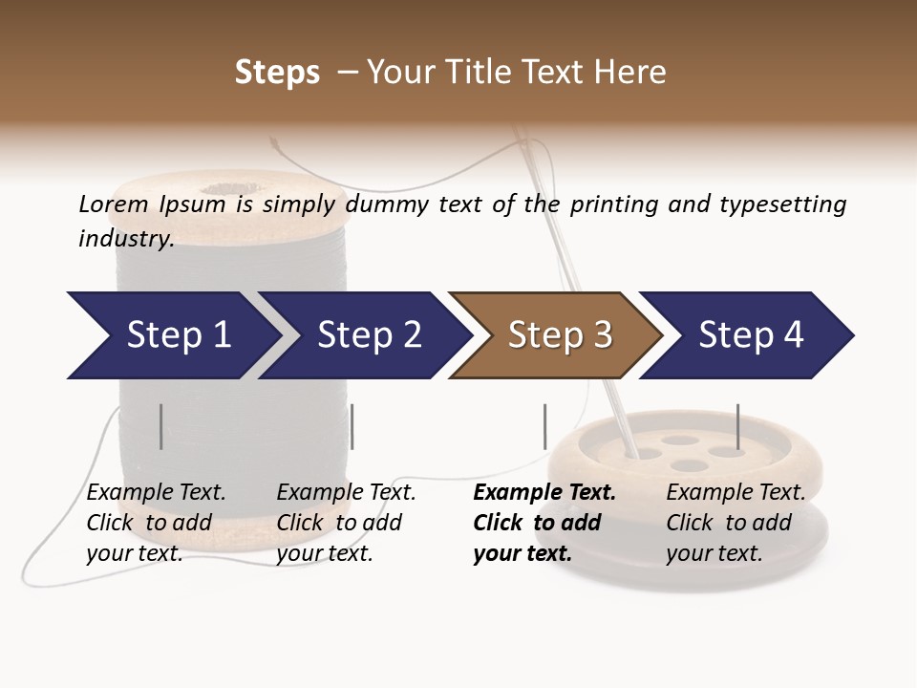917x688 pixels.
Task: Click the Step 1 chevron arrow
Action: pyautogui.click(x=172, y=335)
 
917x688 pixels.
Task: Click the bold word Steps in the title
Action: pyautogui.click(x=277, y=72)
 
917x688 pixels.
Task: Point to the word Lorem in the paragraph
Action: pyautogui.click(x=114, y=204)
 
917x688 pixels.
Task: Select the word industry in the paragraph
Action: pyautogui.click(x=125, y=238)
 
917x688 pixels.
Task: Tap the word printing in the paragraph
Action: pyautogui.click(x=610, y=204)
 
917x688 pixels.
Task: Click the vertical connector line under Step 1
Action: pyautogui.click(x=161, y=426)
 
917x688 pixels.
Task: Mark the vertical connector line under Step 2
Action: pyautogui.click(x=352, y=426)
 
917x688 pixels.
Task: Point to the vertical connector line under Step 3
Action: pyautogui.click(x=544, y=426)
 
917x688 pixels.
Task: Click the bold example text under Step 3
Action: pyautogui.click(x=544, y=523)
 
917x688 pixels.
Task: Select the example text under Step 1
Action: pyautogui.click(x=156, y=523)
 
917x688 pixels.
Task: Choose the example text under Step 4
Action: pyautogui.click(x=735, y=523)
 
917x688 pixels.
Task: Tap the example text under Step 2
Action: pyautogui.click(x=345, y=523)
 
